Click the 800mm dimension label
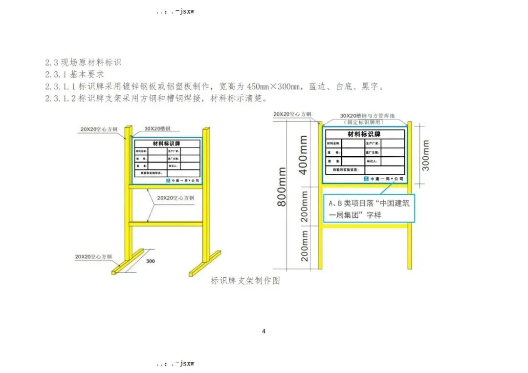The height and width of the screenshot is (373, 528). click(283, 187)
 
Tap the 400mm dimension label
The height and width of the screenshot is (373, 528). click(303, 156)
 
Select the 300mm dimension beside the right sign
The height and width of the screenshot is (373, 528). click(426, 155)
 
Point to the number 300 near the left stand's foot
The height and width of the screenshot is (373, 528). click(151, 261)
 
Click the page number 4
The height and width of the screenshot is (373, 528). click(264, 332)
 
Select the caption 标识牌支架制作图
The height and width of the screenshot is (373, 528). click(245, 281)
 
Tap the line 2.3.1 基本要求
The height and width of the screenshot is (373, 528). click(74, 75)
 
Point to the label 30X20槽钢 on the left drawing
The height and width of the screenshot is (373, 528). click(157, 128)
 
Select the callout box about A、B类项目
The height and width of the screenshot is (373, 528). click(368, 208)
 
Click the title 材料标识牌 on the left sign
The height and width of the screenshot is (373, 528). click(166, 144)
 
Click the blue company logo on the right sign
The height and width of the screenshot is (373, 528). click(367, 179)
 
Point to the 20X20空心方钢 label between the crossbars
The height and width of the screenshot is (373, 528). click(176, 198)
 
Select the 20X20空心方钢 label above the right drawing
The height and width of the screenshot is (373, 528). click(292, 114)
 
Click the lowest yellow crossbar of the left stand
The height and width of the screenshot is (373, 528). click(166, 224)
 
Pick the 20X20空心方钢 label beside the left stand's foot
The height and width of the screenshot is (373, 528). click(93, 256)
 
